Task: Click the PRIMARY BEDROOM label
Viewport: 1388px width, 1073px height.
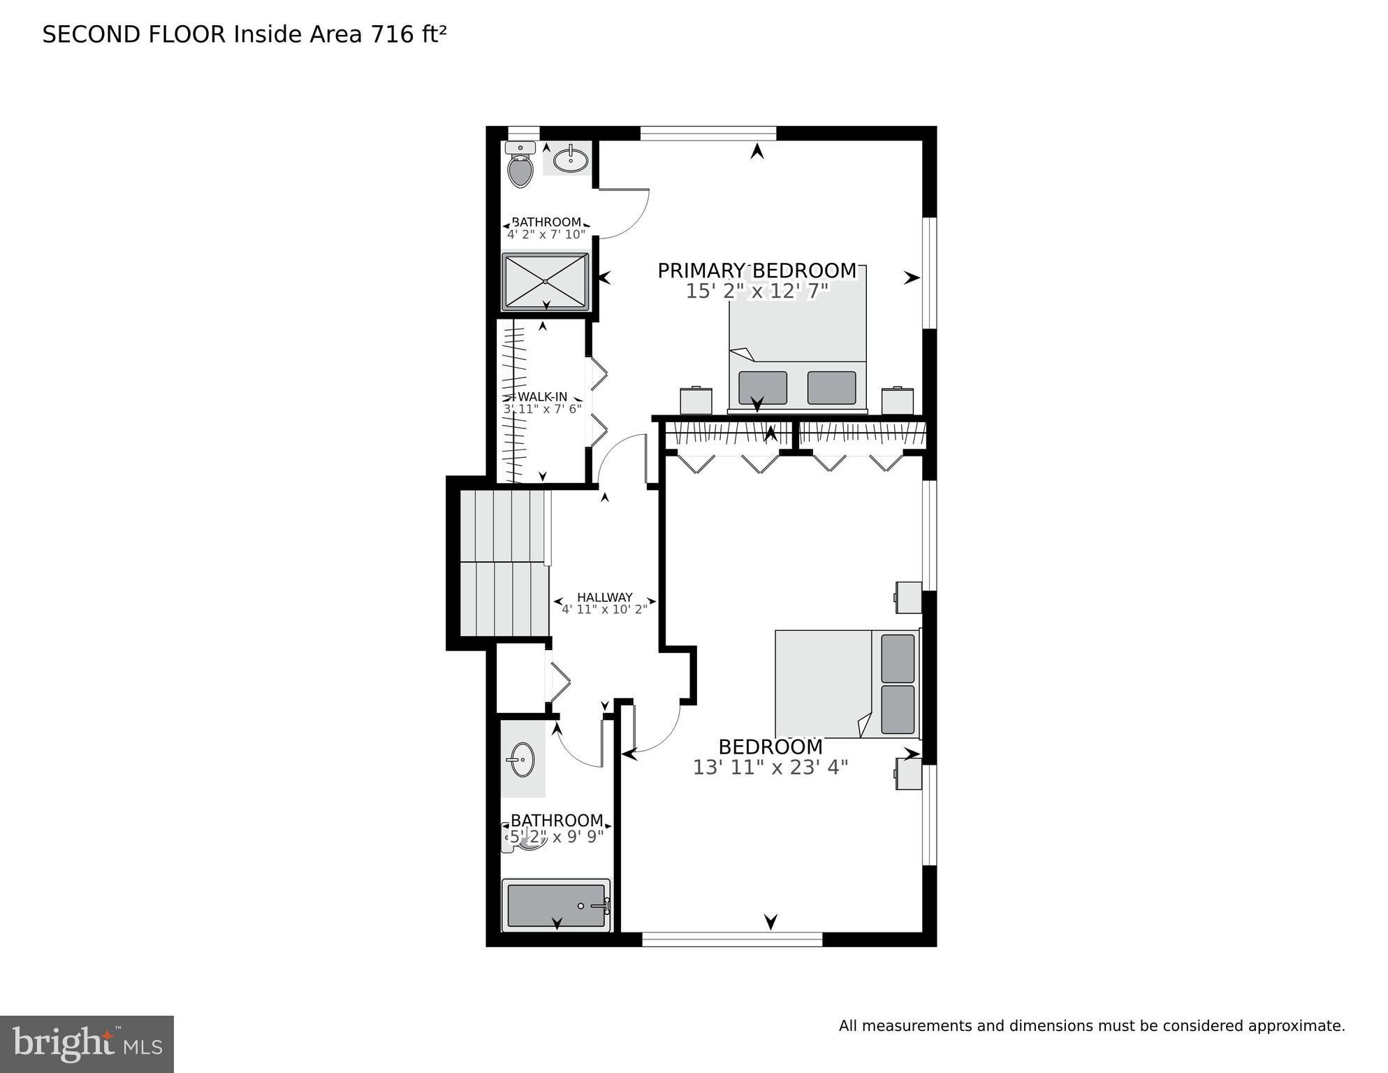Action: [757, 271]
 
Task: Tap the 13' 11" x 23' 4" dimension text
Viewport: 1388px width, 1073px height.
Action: [770, 768]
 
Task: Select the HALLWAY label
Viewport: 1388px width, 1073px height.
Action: [604, 597]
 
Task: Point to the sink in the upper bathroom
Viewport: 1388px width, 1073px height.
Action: [571, 160]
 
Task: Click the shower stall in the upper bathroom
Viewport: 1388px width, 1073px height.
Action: [546, 282]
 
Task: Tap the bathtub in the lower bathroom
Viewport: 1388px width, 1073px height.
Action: [556, 906]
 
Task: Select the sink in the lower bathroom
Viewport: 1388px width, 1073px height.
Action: [522, 760]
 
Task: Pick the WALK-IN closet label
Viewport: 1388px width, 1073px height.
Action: [542, 397]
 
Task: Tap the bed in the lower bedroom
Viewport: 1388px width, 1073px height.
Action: [847, 684]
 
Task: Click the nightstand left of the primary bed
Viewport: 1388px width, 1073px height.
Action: [696, 401]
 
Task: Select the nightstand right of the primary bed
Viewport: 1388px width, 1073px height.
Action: [898, 401]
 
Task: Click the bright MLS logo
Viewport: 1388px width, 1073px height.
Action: [87, 1044]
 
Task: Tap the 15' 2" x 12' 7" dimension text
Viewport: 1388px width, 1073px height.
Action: [757, 291]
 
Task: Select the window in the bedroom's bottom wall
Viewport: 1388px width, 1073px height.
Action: [731, 939]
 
